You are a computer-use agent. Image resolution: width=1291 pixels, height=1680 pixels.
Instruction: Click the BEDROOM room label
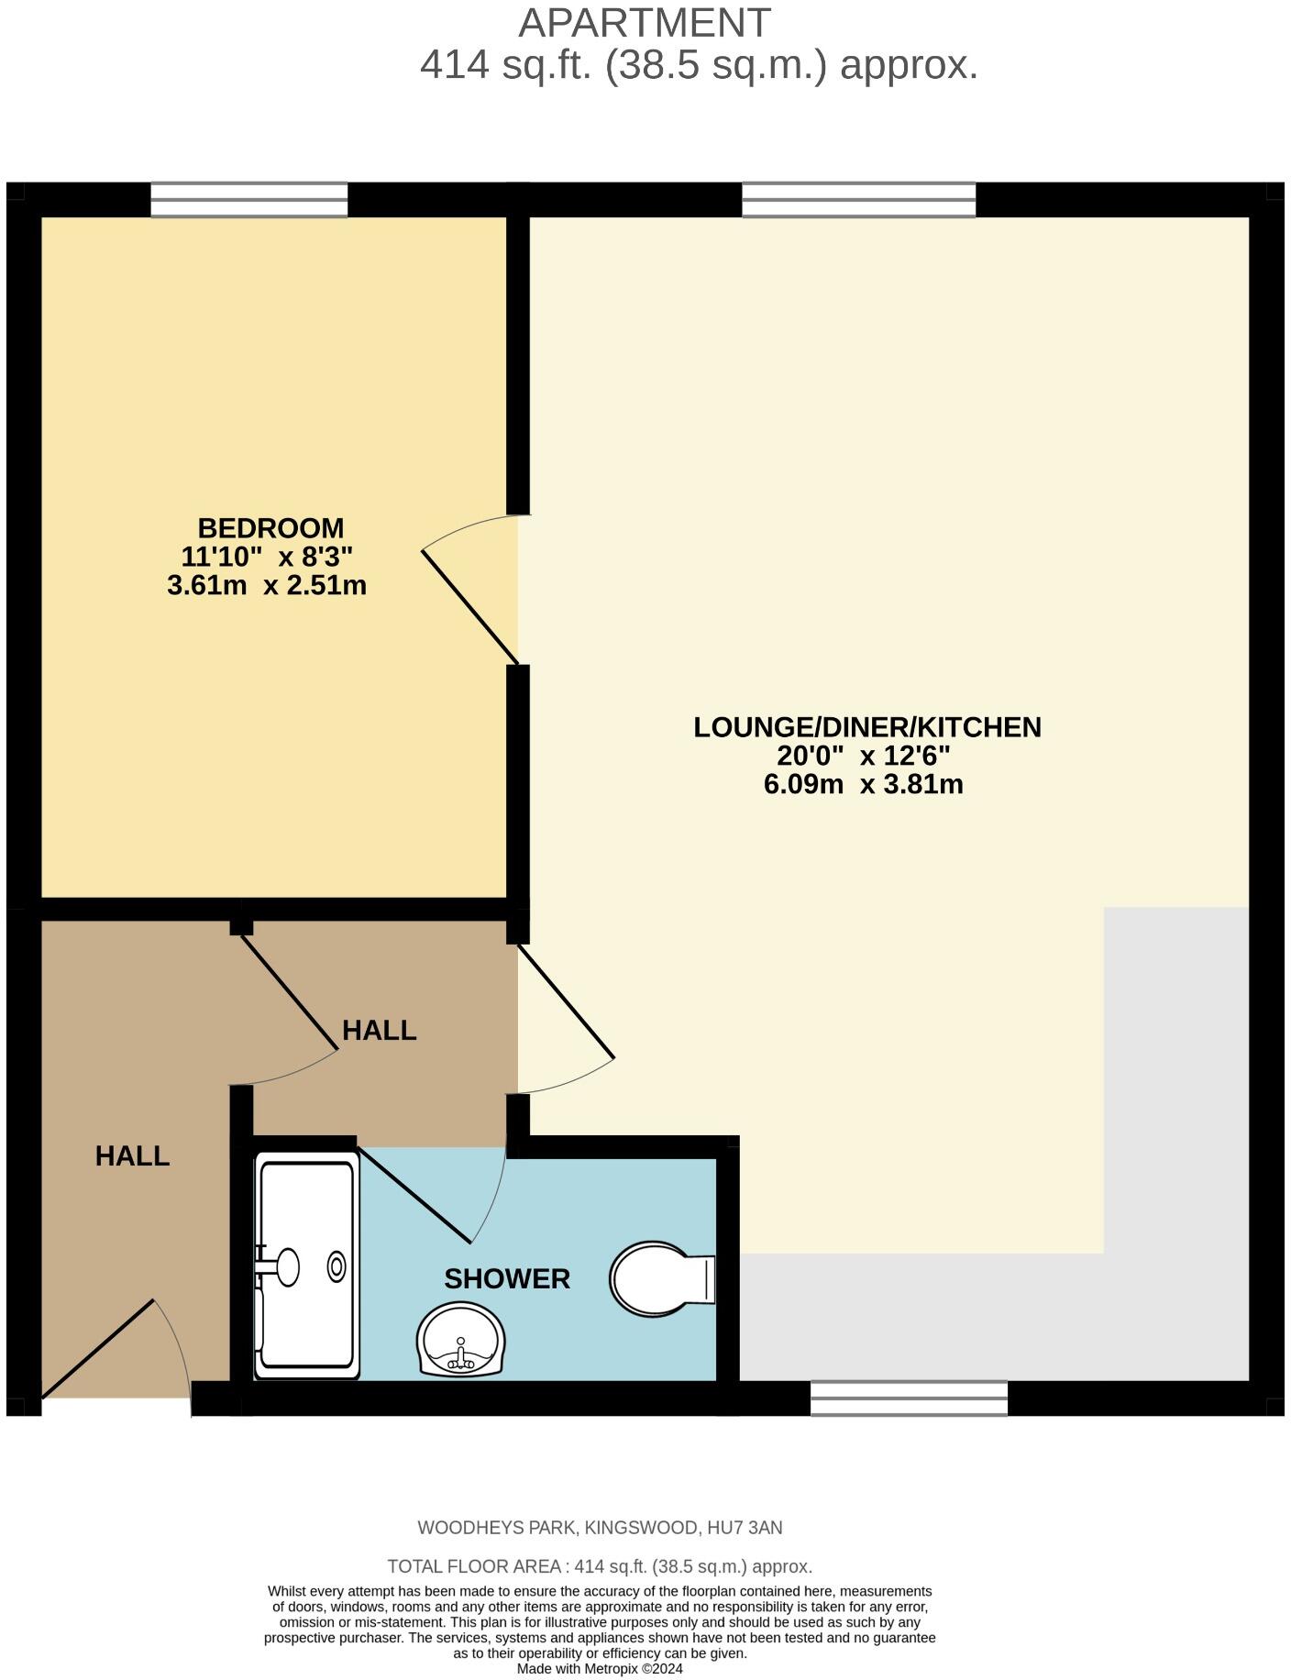pos(270,528)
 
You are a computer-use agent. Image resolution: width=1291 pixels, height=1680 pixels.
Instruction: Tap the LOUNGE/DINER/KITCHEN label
pos(866,727)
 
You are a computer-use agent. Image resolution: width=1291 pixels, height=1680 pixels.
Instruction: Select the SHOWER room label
pos(507,1278)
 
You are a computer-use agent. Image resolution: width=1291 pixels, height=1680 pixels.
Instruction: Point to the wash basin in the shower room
pos(460,1340)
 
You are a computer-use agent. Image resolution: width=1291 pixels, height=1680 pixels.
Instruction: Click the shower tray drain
pos(337,1267)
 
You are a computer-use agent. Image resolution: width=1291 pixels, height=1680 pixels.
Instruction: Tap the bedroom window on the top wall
pos(249,200)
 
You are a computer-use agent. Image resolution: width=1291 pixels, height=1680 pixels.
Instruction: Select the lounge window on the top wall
pos(858,200)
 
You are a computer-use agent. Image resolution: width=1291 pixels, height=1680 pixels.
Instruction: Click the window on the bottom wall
pos(909,1398)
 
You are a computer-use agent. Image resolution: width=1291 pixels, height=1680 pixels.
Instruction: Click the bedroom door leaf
pos(469,606)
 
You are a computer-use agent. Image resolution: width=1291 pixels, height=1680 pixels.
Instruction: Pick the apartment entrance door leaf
pos(97,1349)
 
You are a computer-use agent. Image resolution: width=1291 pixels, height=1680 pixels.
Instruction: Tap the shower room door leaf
pos(414,1195)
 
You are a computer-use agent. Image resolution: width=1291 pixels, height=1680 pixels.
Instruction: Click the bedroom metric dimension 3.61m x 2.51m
pos(267,585)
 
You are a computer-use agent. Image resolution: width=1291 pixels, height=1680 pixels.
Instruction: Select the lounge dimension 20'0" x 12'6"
pos(863,757)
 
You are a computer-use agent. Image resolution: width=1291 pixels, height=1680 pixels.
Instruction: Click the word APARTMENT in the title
pos(645,23)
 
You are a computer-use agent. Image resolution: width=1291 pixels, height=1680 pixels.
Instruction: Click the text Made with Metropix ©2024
pos(600,1669)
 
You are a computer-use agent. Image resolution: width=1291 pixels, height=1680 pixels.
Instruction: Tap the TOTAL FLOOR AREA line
pos(600,1566)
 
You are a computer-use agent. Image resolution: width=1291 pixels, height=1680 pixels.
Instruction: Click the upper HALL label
pos(379,1031)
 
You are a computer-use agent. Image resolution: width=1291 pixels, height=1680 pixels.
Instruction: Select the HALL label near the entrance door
pos(132,1156)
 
